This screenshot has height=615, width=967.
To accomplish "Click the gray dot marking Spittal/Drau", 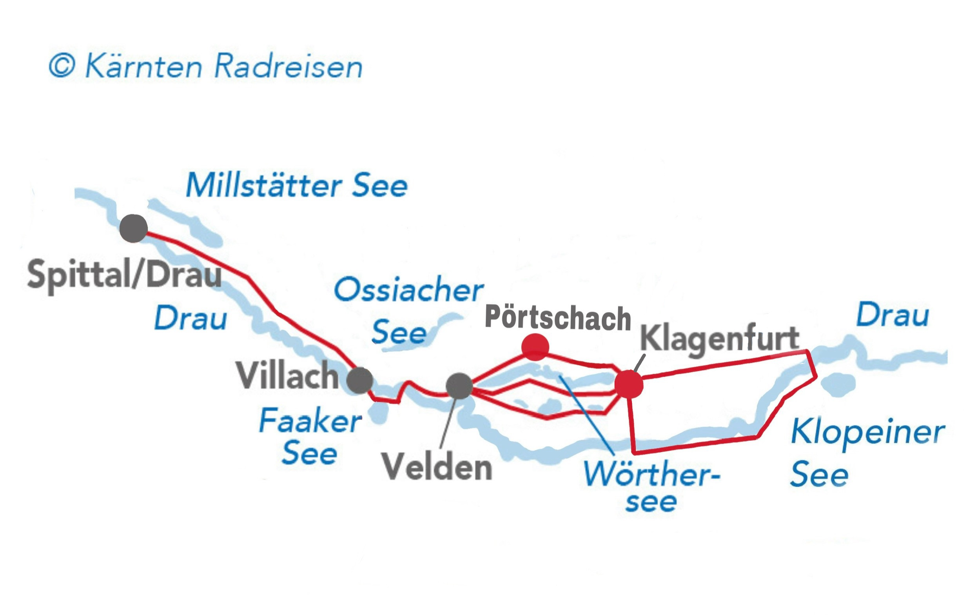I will coord(134,228).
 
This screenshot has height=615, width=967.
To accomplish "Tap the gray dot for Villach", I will coord(360,380).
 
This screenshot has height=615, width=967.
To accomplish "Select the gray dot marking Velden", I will coord(459,386).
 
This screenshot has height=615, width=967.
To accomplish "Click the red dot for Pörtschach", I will coord(535,347).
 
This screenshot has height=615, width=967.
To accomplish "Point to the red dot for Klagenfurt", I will coord(629,384).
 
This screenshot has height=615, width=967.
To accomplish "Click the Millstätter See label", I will coord(297,186).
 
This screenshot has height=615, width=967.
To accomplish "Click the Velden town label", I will coord(437,467).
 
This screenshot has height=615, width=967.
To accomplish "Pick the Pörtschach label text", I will coord(558,318).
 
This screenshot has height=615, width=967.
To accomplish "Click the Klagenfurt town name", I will coord(719,338).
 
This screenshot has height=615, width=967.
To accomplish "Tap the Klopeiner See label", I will coord(867,453).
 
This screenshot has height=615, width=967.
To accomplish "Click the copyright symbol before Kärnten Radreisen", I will coord(62,66).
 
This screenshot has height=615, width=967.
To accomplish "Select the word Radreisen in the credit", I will coord(288,66).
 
